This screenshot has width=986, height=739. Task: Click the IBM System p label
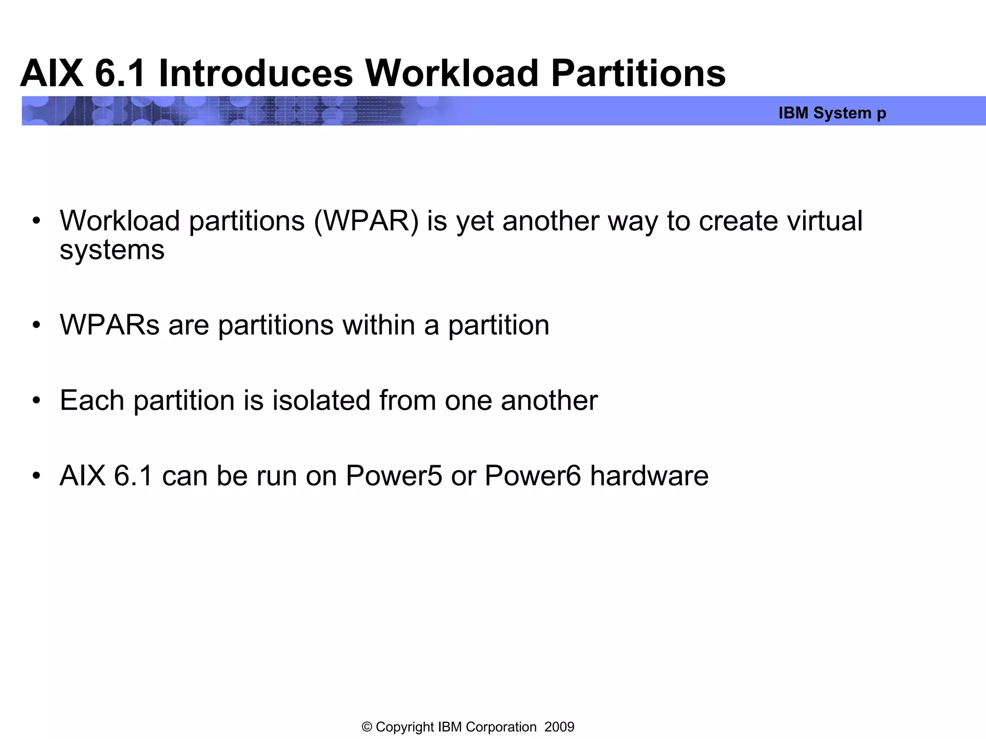[x=832, y=113]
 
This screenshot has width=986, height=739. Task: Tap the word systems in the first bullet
[x=112, y=250]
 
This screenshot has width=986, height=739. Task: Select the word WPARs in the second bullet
[x=109, y=325]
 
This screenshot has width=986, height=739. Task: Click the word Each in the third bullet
[x=92, y=400]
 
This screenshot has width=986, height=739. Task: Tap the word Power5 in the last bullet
[x=394, y=476]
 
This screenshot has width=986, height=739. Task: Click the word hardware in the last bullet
[x=649, y=476]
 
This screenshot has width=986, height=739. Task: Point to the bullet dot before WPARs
[x=37, y=326]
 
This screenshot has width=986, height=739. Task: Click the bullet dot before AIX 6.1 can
[x=37, y=476]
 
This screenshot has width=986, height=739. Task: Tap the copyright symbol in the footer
[x=367, y=727]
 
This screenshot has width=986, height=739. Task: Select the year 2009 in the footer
[x=559, y=727]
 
